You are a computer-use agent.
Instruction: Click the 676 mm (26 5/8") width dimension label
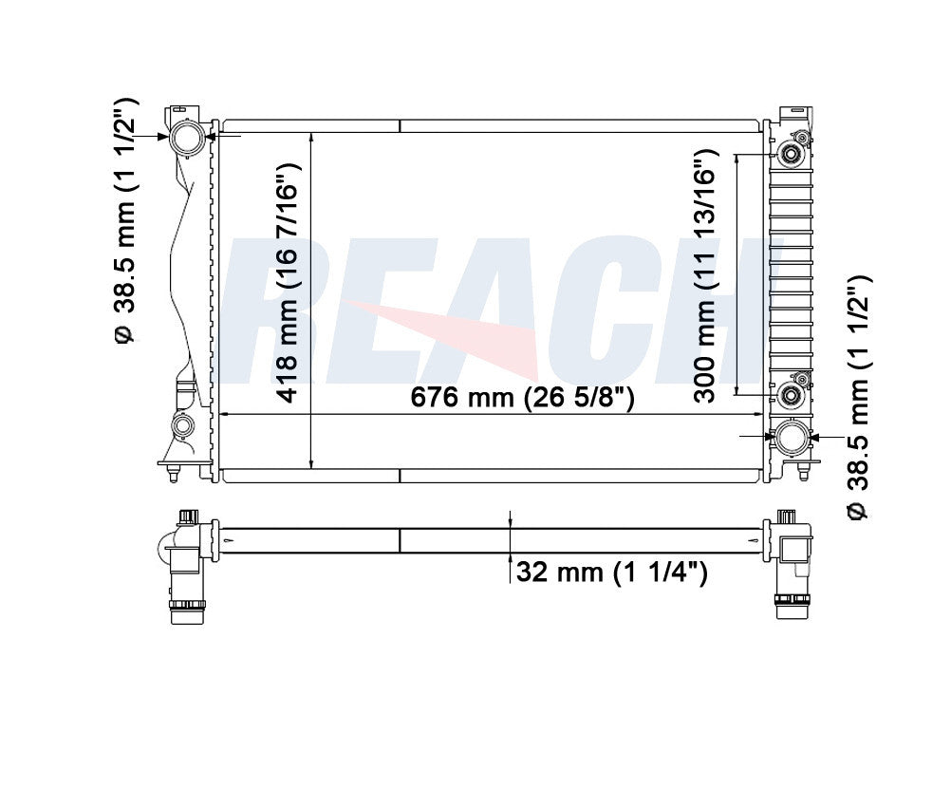tap(521, 399)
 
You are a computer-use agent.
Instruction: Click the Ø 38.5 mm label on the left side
tap(126, 219)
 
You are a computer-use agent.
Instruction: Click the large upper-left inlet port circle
tap(187, 138)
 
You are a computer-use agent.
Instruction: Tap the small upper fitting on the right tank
tap(789, 155)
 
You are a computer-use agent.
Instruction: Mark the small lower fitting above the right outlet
tap(789, 395)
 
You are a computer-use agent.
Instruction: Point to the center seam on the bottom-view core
tap(400, 540)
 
